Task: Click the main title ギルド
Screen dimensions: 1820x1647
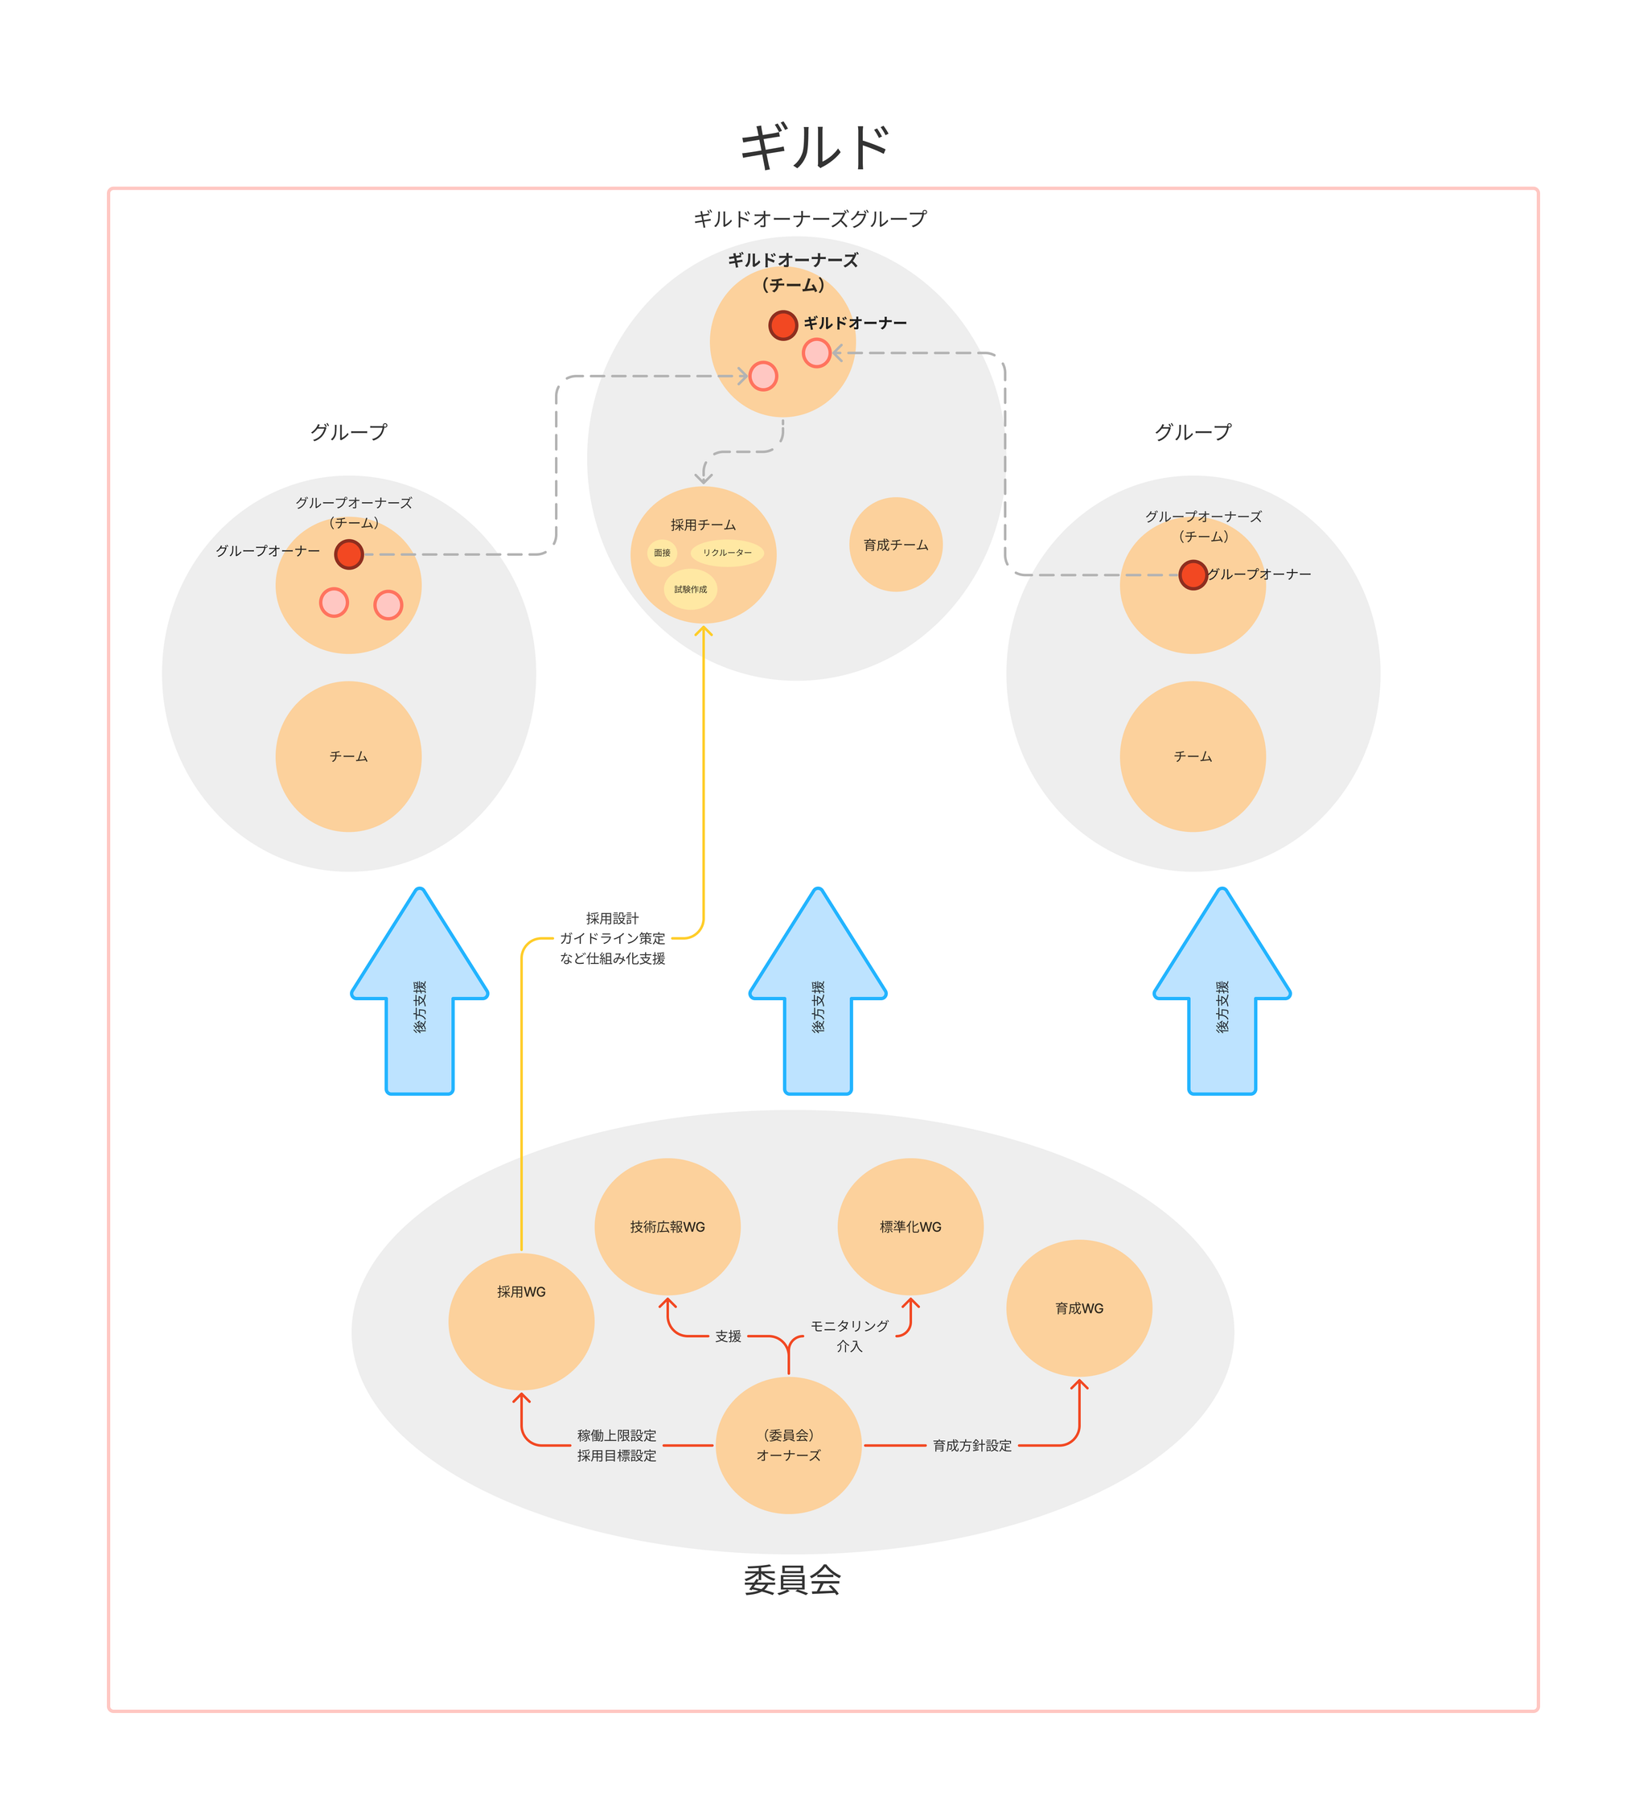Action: point(814,148)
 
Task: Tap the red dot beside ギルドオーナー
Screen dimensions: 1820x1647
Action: point(782,325)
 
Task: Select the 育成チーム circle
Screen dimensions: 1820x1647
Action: point(895,545)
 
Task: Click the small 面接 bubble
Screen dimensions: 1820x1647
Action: point(662,553)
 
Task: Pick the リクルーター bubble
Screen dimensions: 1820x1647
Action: point(726,553)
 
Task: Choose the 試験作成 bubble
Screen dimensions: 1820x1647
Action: point(690,590)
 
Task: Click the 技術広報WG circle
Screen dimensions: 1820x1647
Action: point(667,1227)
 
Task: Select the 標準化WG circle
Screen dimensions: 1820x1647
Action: point(910,1227)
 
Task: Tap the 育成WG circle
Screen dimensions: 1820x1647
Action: point(1078,1308)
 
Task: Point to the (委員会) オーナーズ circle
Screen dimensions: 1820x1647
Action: point(788,1445)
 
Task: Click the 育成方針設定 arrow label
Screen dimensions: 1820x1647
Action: point(972,1445)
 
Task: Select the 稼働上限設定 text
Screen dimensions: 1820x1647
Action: point(616,1435)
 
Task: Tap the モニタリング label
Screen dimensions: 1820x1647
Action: point(848,1326)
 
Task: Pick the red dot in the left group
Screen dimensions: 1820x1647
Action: point(348,554)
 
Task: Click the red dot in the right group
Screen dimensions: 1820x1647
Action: point(1192,575)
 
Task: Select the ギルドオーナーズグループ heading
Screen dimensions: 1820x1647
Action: point(810,220)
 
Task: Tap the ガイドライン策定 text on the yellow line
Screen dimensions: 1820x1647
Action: point(612,939)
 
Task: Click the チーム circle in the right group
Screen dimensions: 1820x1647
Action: point(1192,756)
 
